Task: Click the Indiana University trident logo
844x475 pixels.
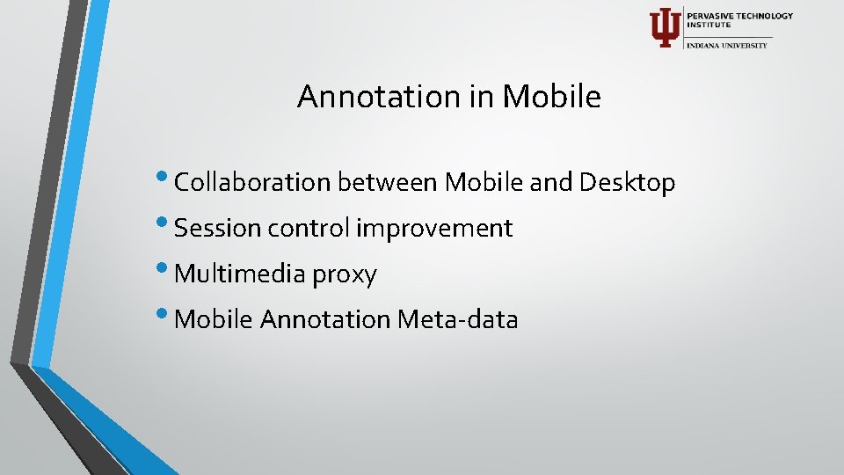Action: point(664,27)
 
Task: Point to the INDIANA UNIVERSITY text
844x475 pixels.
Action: point(727,45)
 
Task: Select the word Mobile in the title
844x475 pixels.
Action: point(551,97)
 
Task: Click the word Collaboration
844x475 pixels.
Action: point(252,183)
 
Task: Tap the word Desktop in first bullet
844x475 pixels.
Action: point(627,183)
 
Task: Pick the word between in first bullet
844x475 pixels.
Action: point(388,183)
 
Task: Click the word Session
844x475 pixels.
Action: point(218,229)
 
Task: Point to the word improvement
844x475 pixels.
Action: point(434,229)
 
